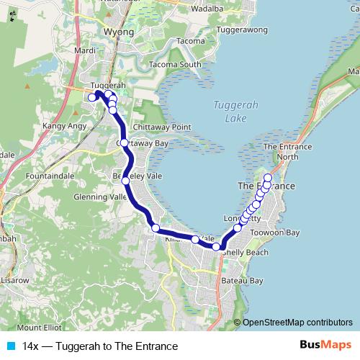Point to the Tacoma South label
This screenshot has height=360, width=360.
[x=175, y=65]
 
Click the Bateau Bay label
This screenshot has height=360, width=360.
[x=243, y=280]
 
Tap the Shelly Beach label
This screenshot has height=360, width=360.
[x=246, y=253]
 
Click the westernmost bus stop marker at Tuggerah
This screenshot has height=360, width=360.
[x=91, y=97]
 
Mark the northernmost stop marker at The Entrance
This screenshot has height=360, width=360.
[x=269, y=178]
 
